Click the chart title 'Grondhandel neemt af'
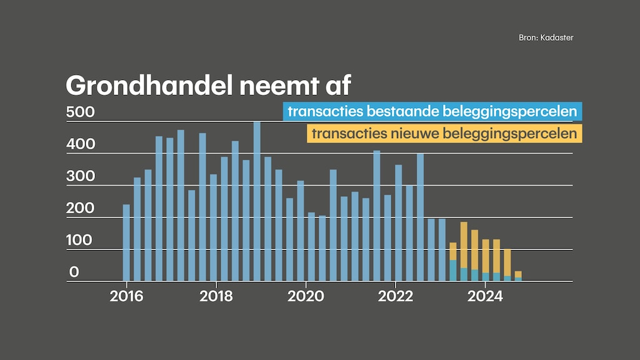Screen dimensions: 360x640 (208, 85)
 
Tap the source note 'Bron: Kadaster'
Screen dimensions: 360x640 (546, 37)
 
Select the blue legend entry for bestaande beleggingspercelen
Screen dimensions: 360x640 (432, 112)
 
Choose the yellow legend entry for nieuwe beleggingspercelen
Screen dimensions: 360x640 (444, 133)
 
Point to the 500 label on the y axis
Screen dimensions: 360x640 (80, 112)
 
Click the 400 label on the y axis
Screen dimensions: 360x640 (80, 144)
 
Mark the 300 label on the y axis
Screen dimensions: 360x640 (80, 176)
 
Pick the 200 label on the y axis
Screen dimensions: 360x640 (80, 208)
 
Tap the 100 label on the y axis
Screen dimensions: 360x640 (80, 240)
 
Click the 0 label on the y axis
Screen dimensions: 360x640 (74, 272)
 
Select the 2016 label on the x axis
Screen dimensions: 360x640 (126, 296)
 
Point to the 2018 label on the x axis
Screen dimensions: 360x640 (216, 296)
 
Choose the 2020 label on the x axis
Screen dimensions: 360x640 (306, 296)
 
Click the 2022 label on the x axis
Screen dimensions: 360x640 (396, 296)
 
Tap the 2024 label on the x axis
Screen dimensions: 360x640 (485, 296)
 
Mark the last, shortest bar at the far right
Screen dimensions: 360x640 (518, 276)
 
